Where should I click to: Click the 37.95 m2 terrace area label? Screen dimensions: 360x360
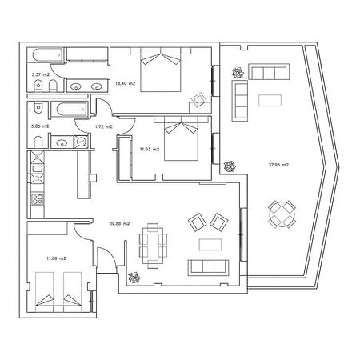pyautogui.click(x=278, y=165)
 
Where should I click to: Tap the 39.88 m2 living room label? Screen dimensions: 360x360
pyautogui.click(x=119, y=223)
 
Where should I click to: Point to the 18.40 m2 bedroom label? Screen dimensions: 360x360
pyautogui.click(x=125, y=83)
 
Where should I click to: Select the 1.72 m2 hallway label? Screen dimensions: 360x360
pyautogui.click(x=104, y=126)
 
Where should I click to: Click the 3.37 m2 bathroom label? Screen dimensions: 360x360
pyautogui.click(x=41, y=74)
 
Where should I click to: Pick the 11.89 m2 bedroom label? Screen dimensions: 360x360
pyautogui.click(x=56, y=258)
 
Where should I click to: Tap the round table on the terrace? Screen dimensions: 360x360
pyautogui.click(x=282, y=214)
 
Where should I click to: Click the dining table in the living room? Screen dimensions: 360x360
pyautogui.click(x=153, y=246)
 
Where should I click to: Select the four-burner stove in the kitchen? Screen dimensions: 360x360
pyautogui.click(x=38, y=199)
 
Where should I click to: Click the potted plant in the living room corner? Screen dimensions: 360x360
pyautogui.click(x=134, y=278)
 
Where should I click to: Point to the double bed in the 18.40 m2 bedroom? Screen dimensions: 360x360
pyautogui.click(x=161, y=70)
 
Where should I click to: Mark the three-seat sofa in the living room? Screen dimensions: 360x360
pyautogui.click(x=209, y=267)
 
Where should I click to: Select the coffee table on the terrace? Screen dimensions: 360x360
pyautogui.click(x=270, y=100)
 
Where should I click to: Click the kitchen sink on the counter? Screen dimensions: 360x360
pyautogui.click(x=37, y=169)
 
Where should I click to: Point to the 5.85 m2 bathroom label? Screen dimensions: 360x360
pyautogui.click(x=40, y=126)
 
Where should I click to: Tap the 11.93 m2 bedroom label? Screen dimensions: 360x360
pyautogui.click(x=150, y=150)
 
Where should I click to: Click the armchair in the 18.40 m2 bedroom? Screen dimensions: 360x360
pyautogui.click(x=199, y=100)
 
